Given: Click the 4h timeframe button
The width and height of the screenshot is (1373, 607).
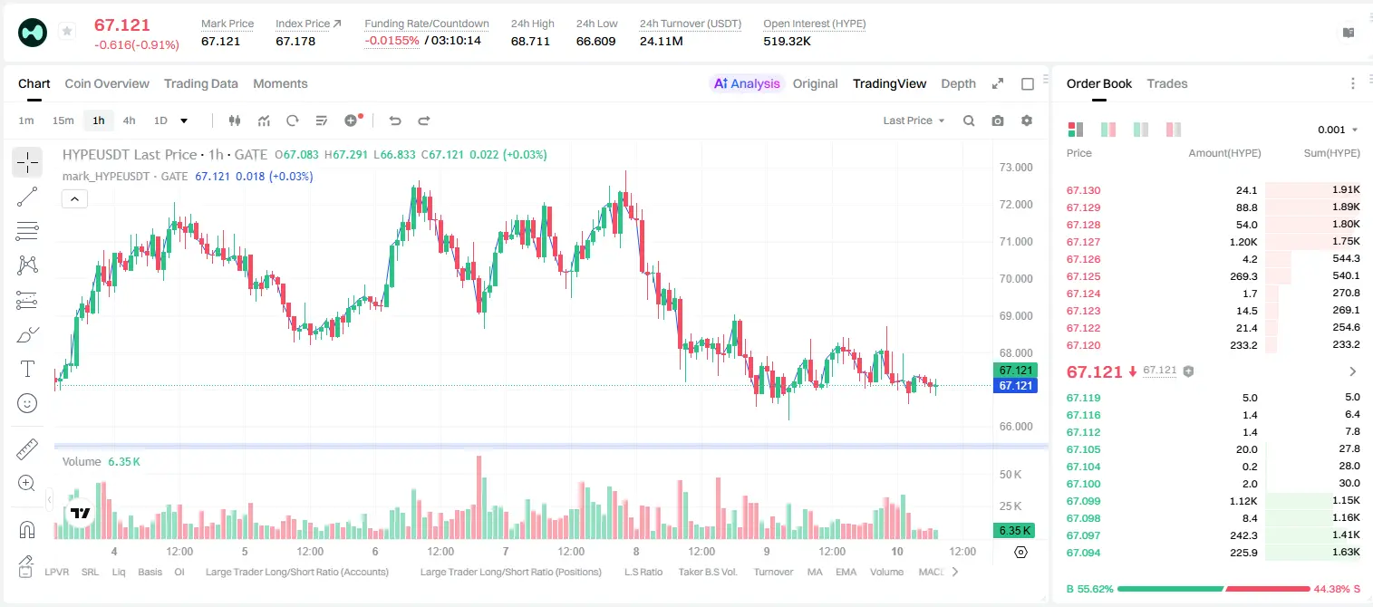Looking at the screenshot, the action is (x=129, y=120).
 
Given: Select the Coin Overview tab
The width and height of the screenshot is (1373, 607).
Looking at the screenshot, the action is (x=107, y=84).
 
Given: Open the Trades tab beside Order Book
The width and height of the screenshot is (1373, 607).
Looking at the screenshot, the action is (x=1166, y=84).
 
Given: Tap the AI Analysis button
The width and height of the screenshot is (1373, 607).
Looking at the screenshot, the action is (x=747, y=84).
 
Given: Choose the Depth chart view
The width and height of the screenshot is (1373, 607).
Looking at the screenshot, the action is (x=958, y=84).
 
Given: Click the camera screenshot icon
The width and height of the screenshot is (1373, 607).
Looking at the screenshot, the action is (x=997, y=120).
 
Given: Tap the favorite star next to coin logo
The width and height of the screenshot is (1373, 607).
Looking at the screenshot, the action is (x=67, y=31).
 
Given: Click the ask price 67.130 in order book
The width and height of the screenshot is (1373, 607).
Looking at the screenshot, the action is (x=1083, y=190).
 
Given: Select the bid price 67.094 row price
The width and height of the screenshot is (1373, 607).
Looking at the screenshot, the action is (x=1083, y=553).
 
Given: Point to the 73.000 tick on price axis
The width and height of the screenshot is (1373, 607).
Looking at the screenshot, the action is (x=1016, y=168).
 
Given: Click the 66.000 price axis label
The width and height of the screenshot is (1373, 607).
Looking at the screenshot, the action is (x=1016, y=427).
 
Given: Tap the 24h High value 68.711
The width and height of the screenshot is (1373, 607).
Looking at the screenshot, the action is (x=530, y=41).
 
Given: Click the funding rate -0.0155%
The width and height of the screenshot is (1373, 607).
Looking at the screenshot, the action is (x=392, y=41).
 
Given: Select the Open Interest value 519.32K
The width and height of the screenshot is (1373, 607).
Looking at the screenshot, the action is (x=787, y=41).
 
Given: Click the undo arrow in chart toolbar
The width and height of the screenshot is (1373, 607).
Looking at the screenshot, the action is (x=395, y=120).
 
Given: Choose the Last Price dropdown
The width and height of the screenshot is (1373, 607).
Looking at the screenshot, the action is (x=914, y=120).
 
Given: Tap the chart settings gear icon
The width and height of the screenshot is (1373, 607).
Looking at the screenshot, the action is (x=1027, y=120).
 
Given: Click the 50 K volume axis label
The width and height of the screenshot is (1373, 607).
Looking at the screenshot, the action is (x=1010, y=475).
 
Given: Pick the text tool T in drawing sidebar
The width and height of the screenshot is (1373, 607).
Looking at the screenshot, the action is (x=27, y=369).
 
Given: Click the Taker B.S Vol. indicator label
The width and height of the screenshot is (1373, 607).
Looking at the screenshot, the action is (x=707, y=572).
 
